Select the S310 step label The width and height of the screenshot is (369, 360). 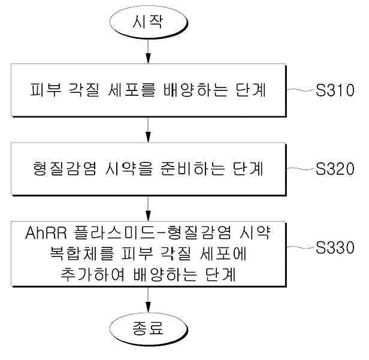335,90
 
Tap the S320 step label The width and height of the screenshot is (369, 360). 335,168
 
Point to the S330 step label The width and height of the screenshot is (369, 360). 335,247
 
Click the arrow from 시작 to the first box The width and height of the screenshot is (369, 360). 148,52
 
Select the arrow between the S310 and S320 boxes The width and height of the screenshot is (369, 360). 148,129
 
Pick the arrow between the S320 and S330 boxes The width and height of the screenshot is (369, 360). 148,208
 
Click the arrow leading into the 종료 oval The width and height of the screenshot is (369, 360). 148,300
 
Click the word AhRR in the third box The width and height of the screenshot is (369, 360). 46,233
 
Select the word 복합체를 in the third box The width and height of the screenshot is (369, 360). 82,253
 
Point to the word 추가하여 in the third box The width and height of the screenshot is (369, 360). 92,274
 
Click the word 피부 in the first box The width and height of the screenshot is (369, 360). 46,90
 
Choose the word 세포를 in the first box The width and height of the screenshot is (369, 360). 132,90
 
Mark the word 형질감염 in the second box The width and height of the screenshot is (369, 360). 65,168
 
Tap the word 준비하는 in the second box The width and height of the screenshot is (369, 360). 192,168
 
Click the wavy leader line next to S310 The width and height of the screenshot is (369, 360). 301,90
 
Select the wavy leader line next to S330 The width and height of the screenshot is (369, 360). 301,247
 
